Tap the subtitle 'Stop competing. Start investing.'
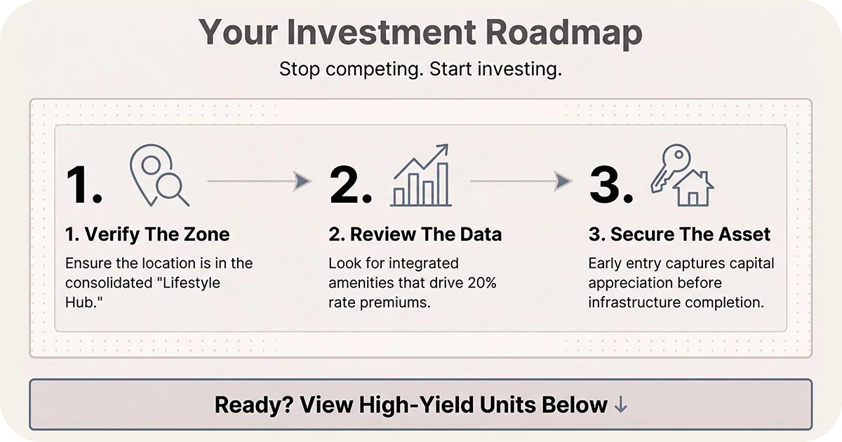pos(420,69)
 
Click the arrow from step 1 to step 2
pos(260,181)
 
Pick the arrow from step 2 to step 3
pos(521,181)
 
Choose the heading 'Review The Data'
pos(415,234)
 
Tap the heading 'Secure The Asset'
pos(679,234)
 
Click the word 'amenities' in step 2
pos(362,283)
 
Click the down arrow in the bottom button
pos(620,405)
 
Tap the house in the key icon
pos(693,188)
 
